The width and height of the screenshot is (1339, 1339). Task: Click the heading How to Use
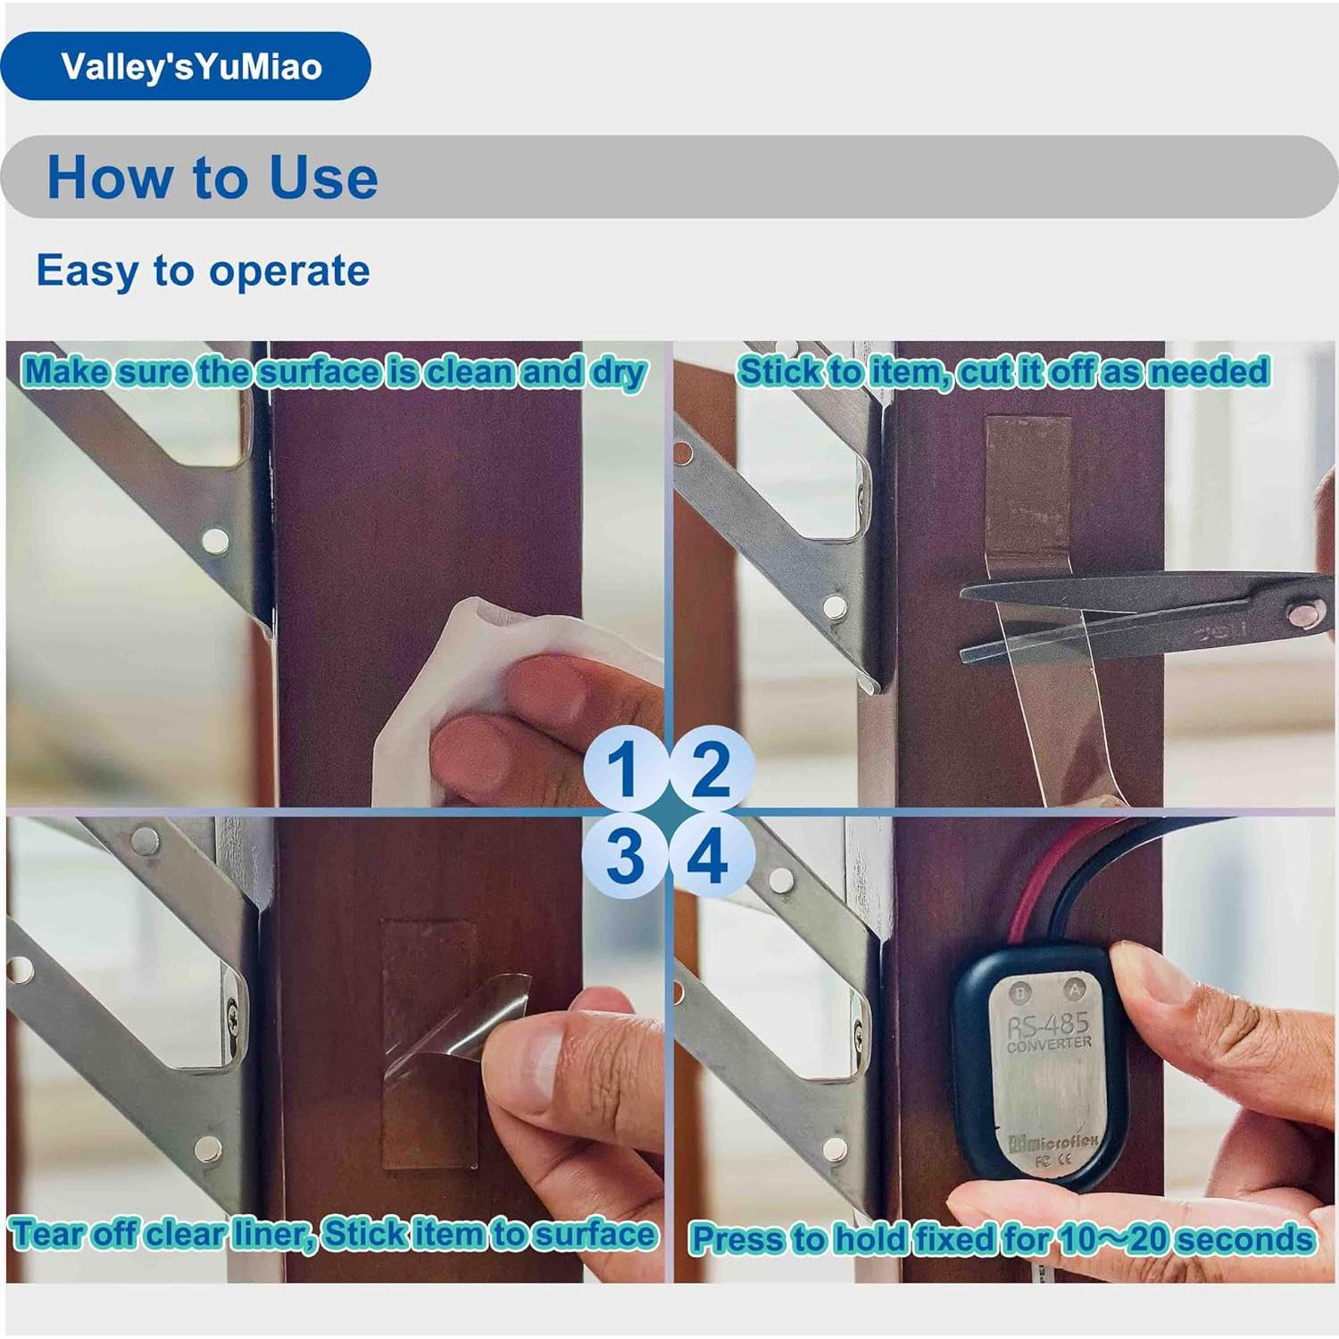pos(212,177)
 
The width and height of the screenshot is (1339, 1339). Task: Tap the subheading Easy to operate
pos(203,270)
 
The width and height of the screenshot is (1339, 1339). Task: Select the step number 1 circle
pos(624,768)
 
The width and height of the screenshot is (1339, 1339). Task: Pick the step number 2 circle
pos(710,768)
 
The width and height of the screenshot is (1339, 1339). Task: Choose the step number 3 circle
pos(624,855)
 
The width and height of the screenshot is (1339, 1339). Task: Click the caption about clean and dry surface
pos(334,371)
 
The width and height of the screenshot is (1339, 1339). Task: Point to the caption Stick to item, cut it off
pos(1002,371)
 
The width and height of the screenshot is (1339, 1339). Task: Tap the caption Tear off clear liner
pos(334,1234)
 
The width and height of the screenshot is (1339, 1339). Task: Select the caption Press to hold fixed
pos(1002,1239)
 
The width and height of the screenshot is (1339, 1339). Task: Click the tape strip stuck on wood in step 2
pos(1027,482)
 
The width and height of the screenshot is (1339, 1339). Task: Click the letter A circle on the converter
pos(1075,989)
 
